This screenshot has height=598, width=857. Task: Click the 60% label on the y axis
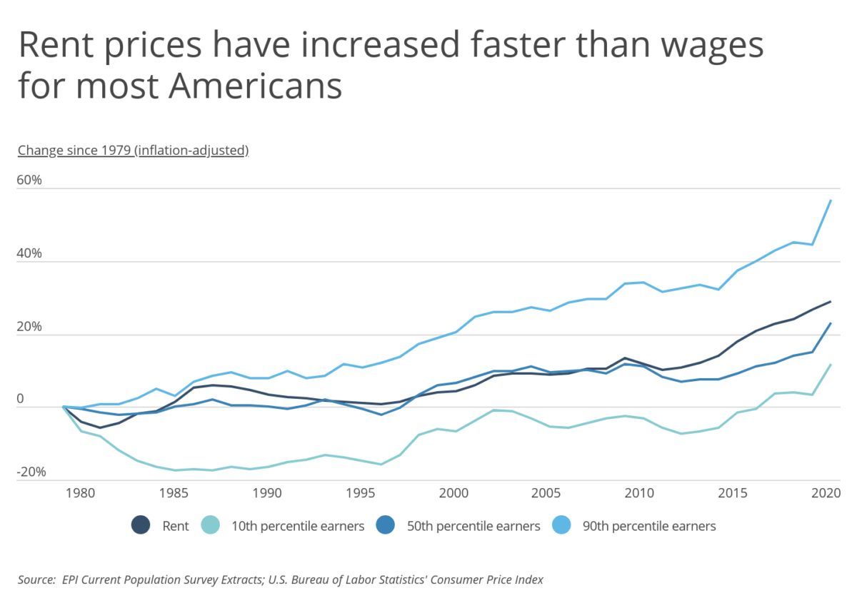click(x=30, y=180)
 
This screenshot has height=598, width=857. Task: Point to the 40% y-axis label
click(x=30, y=253)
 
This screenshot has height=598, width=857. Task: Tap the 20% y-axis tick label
click(x=30, y=327)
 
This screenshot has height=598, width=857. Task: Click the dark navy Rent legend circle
click(x=141, y=526)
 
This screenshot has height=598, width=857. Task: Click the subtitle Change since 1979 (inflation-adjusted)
click(x=133, y=150)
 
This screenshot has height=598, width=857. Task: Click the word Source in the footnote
click(x=36, y=579)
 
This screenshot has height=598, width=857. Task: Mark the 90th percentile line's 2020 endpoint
click(x=831, y=201)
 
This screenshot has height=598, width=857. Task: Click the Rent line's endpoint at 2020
click(x=831, y=301)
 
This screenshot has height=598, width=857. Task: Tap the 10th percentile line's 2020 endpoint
click(x=831, y=365)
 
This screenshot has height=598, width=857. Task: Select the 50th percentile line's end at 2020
click(x=831, y=323)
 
